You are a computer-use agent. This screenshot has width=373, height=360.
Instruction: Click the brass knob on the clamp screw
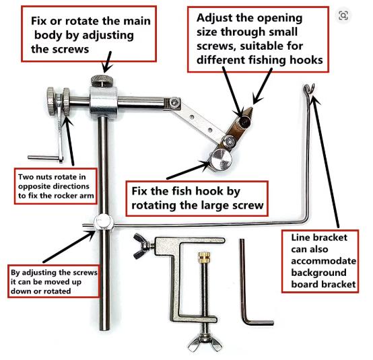pos(204,258)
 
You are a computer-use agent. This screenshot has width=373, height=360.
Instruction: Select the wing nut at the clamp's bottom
pos(205,343)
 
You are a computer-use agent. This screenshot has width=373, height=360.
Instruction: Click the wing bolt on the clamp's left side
pos(142,246)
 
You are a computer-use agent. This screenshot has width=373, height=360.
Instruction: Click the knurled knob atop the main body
pos(102,81)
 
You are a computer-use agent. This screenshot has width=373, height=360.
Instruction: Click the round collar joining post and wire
pos(104,223)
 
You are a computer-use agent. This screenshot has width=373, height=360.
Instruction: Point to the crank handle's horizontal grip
pos(44,157)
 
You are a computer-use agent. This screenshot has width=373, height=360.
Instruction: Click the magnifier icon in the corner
pos(343,15)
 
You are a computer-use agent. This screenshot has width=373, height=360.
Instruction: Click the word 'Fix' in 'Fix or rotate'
pos(39,21)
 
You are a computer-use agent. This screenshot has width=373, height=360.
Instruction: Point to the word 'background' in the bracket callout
pos(318,273)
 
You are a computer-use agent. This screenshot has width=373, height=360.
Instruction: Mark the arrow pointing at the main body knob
pos(107,62)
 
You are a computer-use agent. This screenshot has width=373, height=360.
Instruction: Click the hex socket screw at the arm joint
pos(175,102)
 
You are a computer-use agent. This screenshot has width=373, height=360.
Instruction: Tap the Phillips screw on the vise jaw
pos(230,142)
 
